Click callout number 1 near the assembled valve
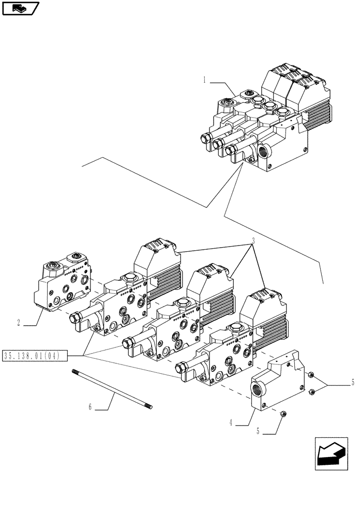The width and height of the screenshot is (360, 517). point(205,80)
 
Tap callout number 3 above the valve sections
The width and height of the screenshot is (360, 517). point(254,241)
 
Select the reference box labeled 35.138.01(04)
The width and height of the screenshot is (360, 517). point(35,355)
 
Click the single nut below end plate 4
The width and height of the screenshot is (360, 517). point(284,413)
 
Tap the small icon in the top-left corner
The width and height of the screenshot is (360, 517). point(20,8)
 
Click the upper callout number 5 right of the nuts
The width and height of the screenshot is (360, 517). point(353,383)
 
